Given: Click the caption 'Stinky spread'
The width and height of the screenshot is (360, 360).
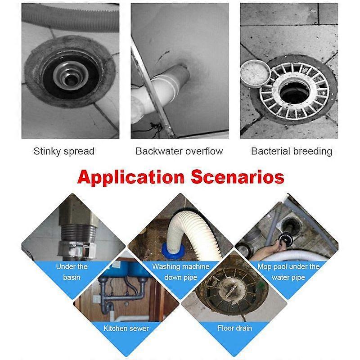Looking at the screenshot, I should pyautogui.click(x=64, y=151).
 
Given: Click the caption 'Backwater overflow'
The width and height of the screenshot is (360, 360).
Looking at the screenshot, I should pyautogui.click(x=179, y=151).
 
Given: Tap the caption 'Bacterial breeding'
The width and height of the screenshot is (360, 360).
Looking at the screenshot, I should pyautogui.click(x=291, y=151).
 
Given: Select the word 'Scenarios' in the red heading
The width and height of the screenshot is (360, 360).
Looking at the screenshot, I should pyautogui.click(x=237, y=176).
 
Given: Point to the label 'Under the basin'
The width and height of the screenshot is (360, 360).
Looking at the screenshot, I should pyautogui.click(x=72, y=272).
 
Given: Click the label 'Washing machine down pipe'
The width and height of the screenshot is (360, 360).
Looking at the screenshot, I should pyautogui.click(x=180, y=272).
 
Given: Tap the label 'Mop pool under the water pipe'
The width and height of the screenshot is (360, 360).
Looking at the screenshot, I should pyautogui.click(x=288, y=272).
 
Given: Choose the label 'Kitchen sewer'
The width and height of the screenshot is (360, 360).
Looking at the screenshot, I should pyautogui.click(x=127, y=328).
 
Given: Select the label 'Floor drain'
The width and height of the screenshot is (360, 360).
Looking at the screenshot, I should pyautogui.click(x=234, y=328).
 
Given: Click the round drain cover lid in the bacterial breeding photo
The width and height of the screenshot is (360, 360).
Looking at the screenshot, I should pyautogui.click(x=254, y=74).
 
